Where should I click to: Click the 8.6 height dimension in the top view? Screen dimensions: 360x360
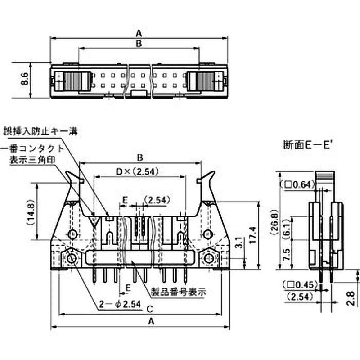pyautogui.click(x=25, y=80)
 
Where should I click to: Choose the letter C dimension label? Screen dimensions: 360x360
pyautogui.click(x=149, y=309)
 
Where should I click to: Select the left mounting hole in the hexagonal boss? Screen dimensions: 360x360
pyautogui.click(x=72, y=258)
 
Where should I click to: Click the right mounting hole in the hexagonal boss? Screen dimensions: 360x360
pyautogui.click(x=208, y=258)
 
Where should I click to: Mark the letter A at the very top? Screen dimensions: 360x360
pyautogui.click(x=139, y=33)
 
